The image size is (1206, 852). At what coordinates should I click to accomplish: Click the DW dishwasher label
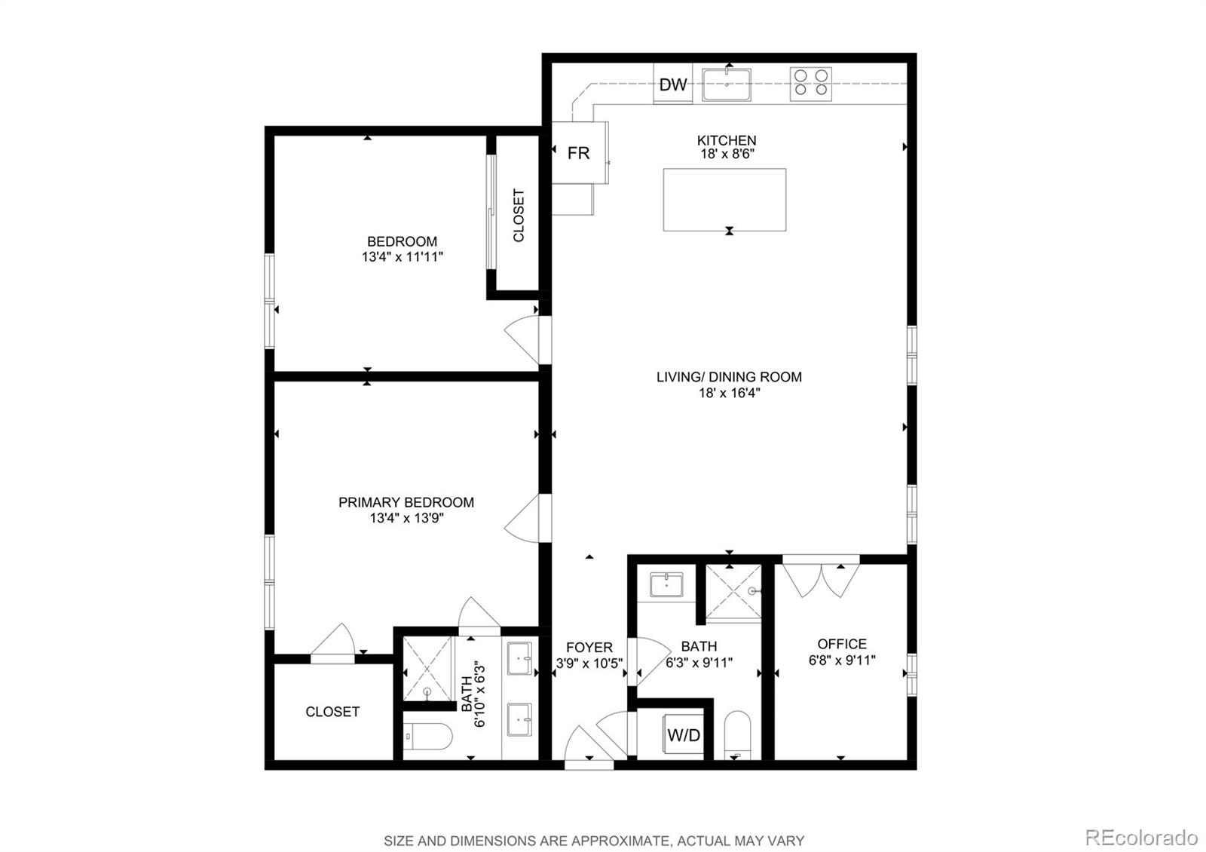tap(672, 84)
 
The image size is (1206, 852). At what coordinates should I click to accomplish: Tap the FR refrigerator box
tap(579, 153)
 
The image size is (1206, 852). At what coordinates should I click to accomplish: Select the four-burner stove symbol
tap(810, 84)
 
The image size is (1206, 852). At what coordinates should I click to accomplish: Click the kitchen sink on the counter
tap(727, 84)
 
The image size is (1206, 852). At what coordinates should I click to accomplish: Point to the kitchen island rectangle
tap(724, 200)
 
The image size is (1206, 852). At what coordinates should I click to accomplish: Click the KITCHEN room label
tap(727, 140)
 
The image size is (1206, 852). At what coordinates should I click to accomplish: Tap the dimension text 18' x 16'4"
tap(729, 393)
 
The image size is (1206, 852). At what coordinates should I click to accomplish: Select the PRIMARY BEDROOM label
tap(406, 502)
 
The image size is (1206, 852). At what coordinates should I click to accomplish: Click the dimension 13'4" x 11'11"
tap(402, 257)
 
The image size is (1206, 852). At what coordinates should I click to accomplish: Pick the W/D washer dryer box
tap(683, 735)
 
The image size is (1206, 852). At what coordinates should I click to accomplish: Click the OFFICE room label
tap(842, 644)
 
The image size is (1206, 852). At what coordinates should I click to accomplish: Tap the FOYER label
tap(589, 647)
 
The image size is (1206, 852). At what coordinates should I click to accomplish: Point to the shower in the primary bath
tap(428, 668)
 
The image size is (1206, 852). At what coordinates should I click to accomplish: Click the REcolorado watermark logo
tap(1140, 837)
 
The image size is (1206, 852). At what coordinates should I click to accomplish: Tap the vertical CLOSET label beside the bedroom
tap(519, 216)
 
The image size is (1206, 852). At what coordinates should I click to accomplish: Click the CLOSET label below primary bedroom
tap(332, 712)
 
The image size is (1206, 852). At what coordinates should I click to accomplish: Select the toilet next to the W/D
tap(737, 735)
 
